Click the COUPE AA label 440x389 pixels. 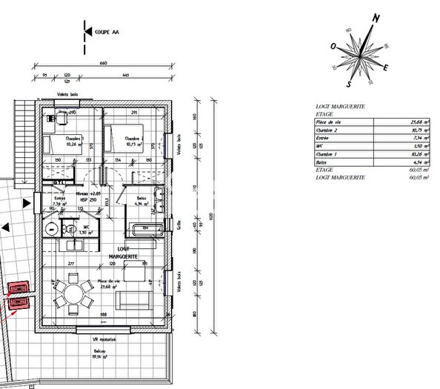(x=105, y=32)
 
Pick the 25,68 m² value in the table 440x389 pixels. (x=420, y=121)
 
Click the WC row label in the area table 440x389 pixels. (x=319, y=147)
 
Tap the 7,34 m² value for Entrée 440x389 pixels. (x=421, y=138)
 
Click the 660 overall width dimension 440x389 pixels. (x=103, y=64)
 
